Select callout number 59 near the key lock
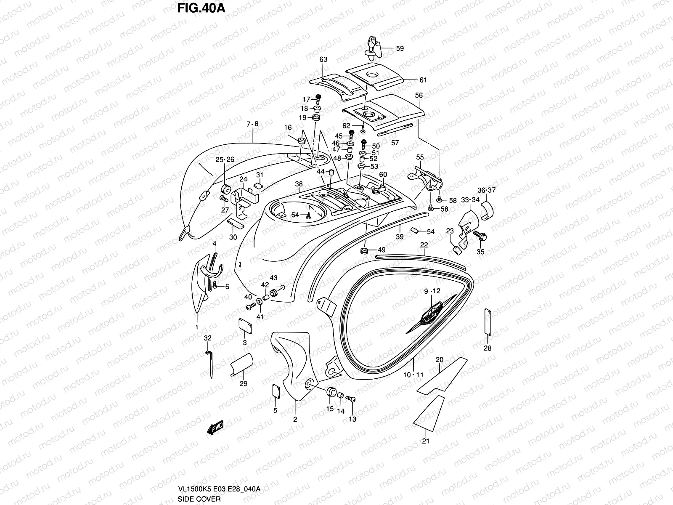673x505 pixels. [400, 48]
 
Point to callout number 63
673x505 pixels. [323, 60]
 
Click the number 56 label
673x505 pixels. [419, 96]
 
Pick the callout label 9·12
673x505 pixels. [432, 291]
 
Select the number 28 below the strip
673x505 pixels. [488, 348]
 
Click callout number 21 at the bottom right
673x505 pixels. [426, 441]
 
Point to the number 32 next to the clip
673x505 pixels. [208, 338]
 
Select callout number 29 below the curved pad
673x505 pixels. [243, 383]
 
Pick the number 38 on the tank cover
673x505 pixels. [299, 184]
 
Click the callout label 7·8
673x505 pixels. [252, 124]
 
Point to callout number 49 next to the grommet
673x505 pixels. [382, 250]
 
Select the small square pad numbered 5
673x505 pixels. [276, 391]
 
